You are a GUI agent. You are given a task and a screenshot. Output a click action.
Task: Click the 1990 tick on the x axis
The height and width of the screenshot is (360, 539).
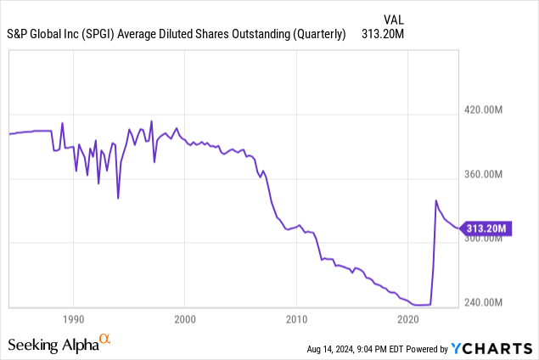(73, 318)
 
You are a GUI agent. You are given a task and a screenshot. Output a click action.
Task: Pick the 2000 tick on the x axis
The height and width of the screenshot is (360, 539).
(185, 318)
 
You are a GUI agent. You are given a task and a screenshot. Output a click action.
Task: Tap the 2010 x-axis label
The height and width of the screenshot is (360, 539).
(296, 318)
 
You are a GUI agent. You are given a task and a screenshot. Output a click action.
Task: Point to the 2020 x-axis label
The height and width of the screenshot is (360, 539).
(408, 318)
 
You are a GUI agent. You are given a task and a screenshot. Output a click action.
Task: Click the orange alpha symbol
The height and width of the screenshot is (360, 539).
(105, 340)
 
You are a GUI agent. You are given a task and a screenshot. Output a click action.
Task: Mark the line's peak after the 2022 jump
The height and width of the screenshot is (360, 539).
(436, 201)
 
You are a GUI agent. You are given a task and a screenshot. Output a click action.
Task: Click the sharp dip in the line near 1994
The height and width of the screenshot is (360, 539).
(118, 199)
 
